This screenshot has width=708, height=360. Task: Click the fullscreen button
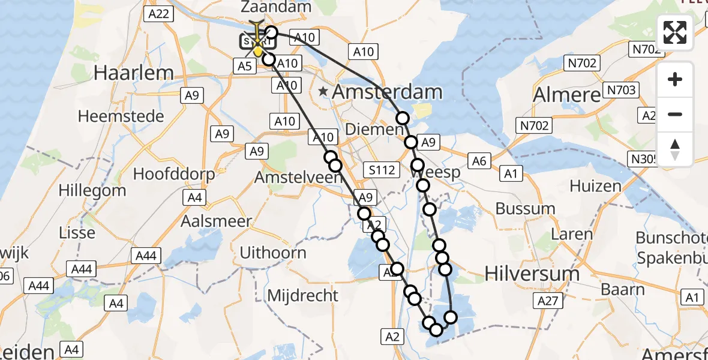pos(675,32)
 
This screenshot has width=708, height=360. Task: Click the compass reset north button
pos(675,149)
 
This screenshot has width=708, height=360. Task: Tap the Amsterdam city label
pos(387,92)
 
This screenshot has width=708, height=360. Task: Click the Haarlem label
pos(134,73)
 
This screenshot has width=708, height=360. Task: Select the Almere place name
pos(566,95)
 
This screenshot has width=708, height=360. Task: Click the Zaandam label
pos(276,7)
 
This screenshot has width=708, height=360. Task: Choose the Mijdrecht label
pos(302,295)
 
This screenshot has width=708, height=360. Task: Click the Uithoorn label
pos(273,253)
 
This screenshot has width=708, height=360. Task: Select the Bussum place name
pos(526,209)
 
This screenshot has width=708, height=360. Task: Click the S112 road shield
pos(382,170)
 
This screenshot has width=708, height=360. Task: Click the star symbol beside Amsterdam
pos(324,92)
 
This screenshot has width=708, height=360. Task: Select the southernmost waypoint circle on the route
pos(436,329)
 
